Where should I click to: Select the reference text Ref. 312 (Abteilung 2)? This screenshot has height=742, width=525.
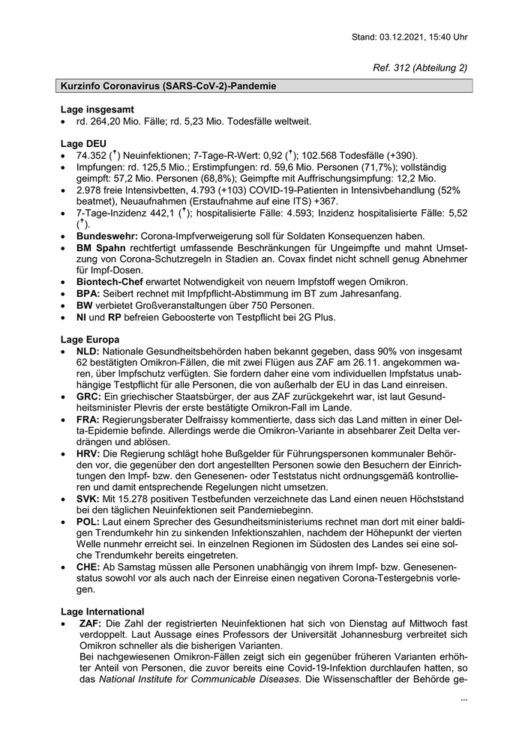[420, 67]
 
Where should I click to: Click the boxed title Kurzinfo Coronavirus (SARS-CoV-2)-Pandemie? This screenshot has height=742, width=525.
[169, 86]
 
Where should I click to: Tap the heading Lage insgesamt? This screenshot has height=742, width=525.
[97, 109]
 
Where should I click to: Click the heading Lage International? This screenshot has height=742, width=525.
[103, 612]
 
